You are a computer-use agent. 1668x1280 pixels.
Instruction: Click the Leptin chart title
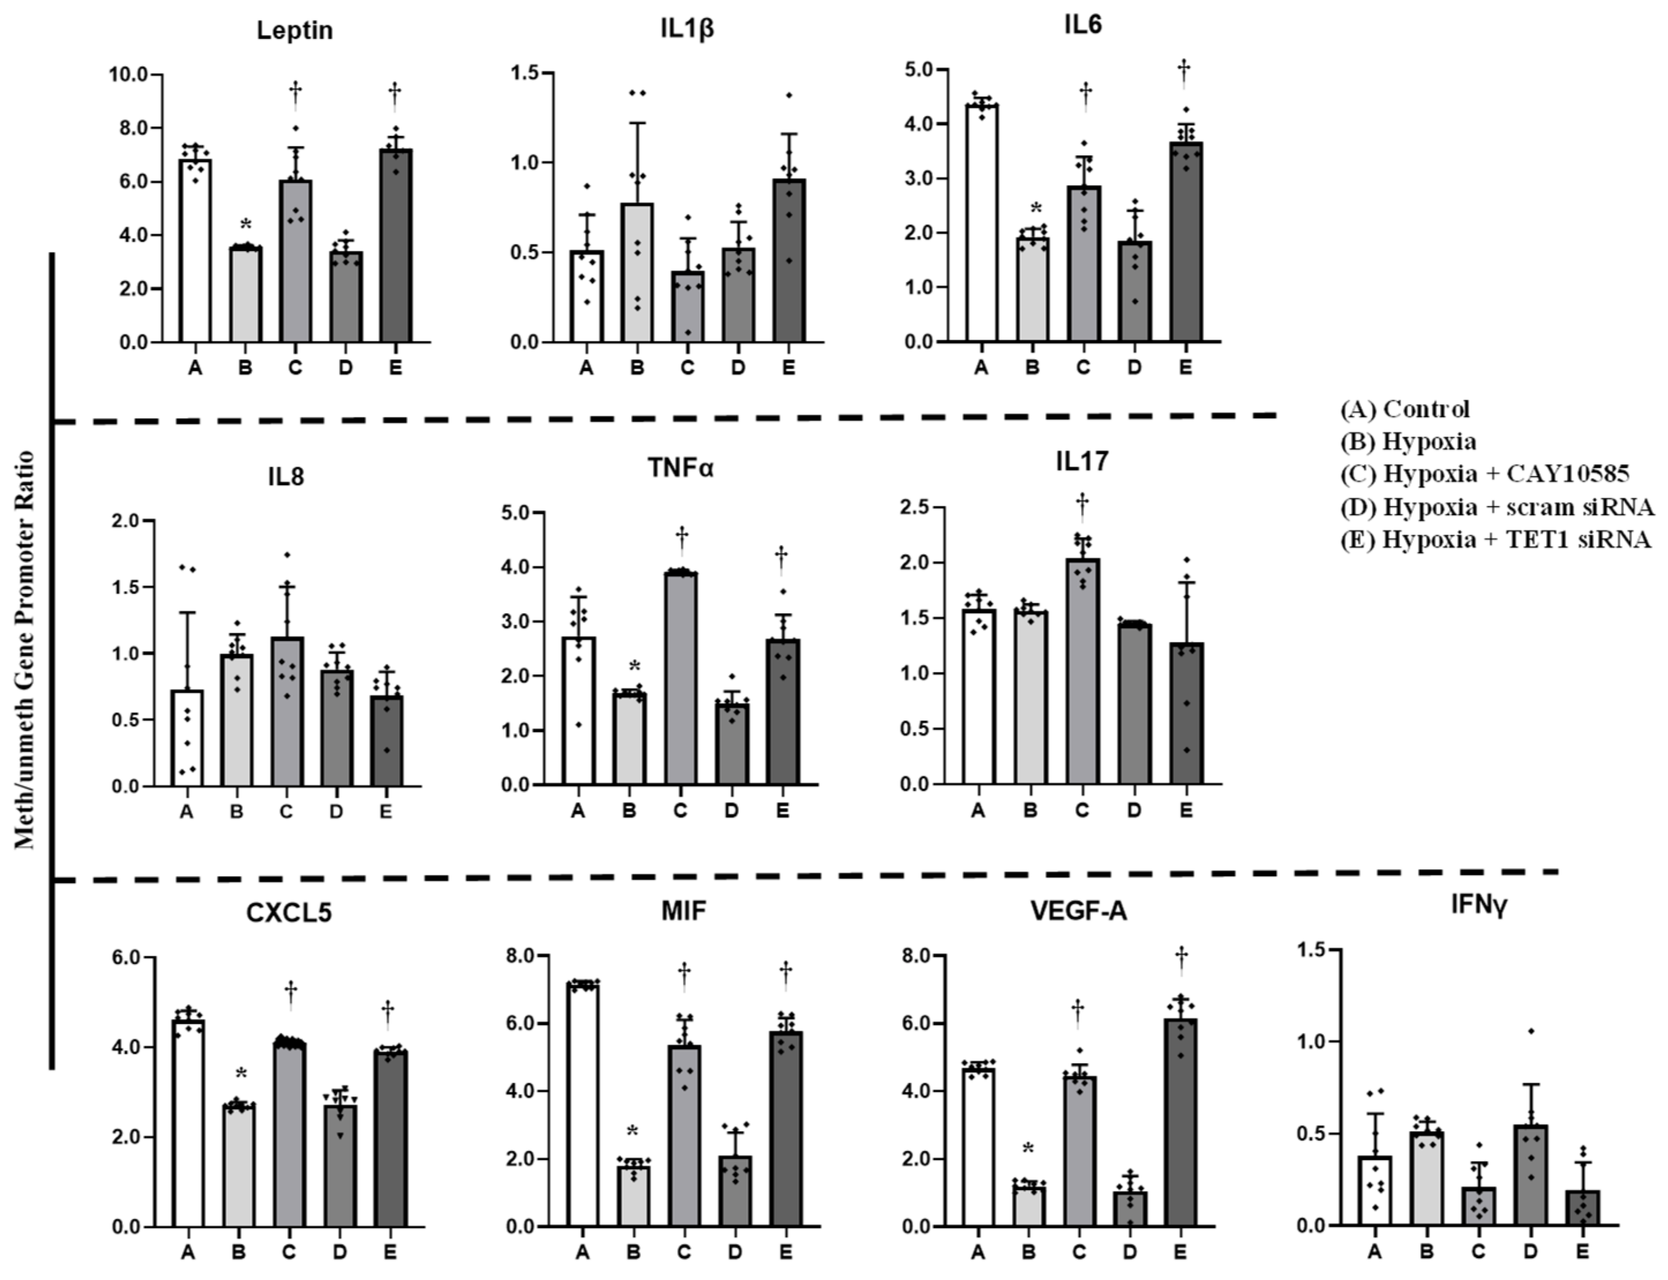(x=294, y=31)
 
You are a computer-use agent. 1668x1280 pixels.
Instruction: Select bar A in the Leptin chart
(x=195, y=251)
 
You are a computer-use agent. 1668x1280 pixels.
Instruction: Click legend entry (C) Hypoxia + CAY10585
(x=1485, y=474)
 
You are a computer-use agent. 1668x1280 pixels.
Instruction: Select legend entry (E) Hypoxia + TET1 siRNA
(x=1495, y=539)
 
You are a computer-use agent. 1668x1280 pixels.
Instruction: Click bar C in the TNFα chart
(x=681, y=678)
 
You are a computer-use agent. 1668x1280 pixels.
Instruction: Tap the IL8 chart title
(x=286, y=477)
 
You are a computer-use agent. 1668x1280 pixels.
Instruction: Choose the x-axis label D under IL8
(x=336, y=812)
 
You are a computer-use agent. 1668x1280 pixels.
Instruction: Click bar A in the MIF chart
(x=583, y=1105)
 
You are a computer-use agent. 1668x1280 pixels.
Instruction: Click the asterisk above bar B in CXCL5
(x=242, y=1074)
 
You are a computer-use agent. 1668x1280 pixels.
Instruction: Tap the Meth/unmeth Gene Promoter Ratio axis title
(x=25, y=650)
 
